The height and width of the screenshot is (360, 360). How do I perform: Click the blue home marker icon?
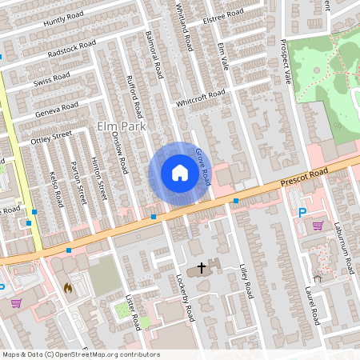coord(179,173)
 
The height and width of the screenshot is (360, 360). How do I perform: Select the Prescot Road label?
coord(316,178)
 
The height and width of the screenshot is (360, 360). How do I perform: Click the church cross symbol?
coord(201,266)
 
